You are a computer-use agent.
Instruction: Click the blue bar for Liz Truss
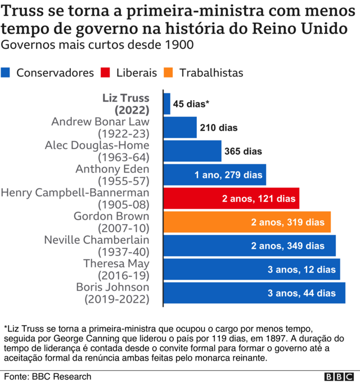click(x=167, y=104)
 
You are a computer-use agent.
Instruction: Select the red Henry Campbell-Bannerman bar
click(x=231, y=198)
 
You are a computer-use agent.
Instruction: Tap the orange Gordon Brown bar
click(x=247, y=222)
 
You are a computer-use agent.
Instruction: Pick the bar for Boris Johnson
click(x=254, y=293)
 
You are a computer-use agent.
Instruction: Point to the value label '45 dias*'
click(x=191, y=104)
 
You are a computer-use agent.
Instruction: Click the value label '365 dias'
click(x=243, y=151)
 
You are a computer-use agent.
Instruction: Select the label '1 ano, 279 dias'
click(x=228, y=175)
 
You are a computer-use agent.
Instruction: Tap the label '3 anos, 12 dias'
click(x=301, y=270)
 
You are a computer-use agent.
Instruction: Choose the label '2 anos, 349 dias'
click(x=296, y=246)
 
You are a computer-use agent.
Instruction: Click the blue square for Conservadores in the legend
click(x=6, y=72)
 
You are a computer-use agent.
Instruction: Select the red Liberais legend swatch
click(x=106, y=72)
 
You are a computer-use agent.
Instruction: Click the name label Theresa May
click(x=116, y=263)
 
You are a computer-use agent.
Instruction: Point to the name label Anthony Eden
click(x=112, y=169)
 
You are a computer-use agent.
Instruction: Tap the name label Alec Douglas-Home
click(x=97, y=145)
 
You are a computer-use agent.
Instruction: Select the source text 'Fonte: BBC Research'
click(x=47, y=376)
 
